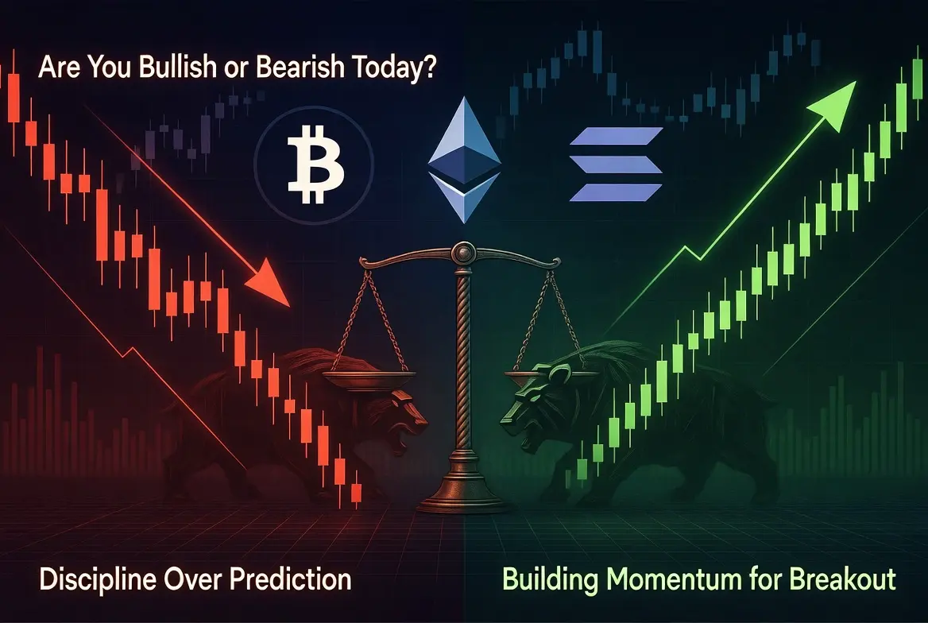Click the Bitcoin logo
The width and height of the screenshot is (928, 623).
coord(314,164)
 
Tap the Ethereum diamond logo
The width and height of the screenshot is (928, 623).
coord(464,160)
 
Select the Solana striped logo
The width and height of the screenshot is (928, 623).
coord(616,164)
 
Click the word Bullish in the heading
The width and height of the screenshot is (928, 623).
coord(177,67)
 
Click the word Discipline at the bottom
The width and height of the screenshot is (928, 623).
coord(96,579)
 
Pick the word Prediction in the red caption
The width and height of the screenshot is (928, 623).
coord(290,578)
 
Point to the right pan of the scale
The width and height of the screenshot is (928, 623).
coord(551,376)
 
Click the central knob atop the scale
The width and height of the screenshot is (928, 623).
coord(463,253)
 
